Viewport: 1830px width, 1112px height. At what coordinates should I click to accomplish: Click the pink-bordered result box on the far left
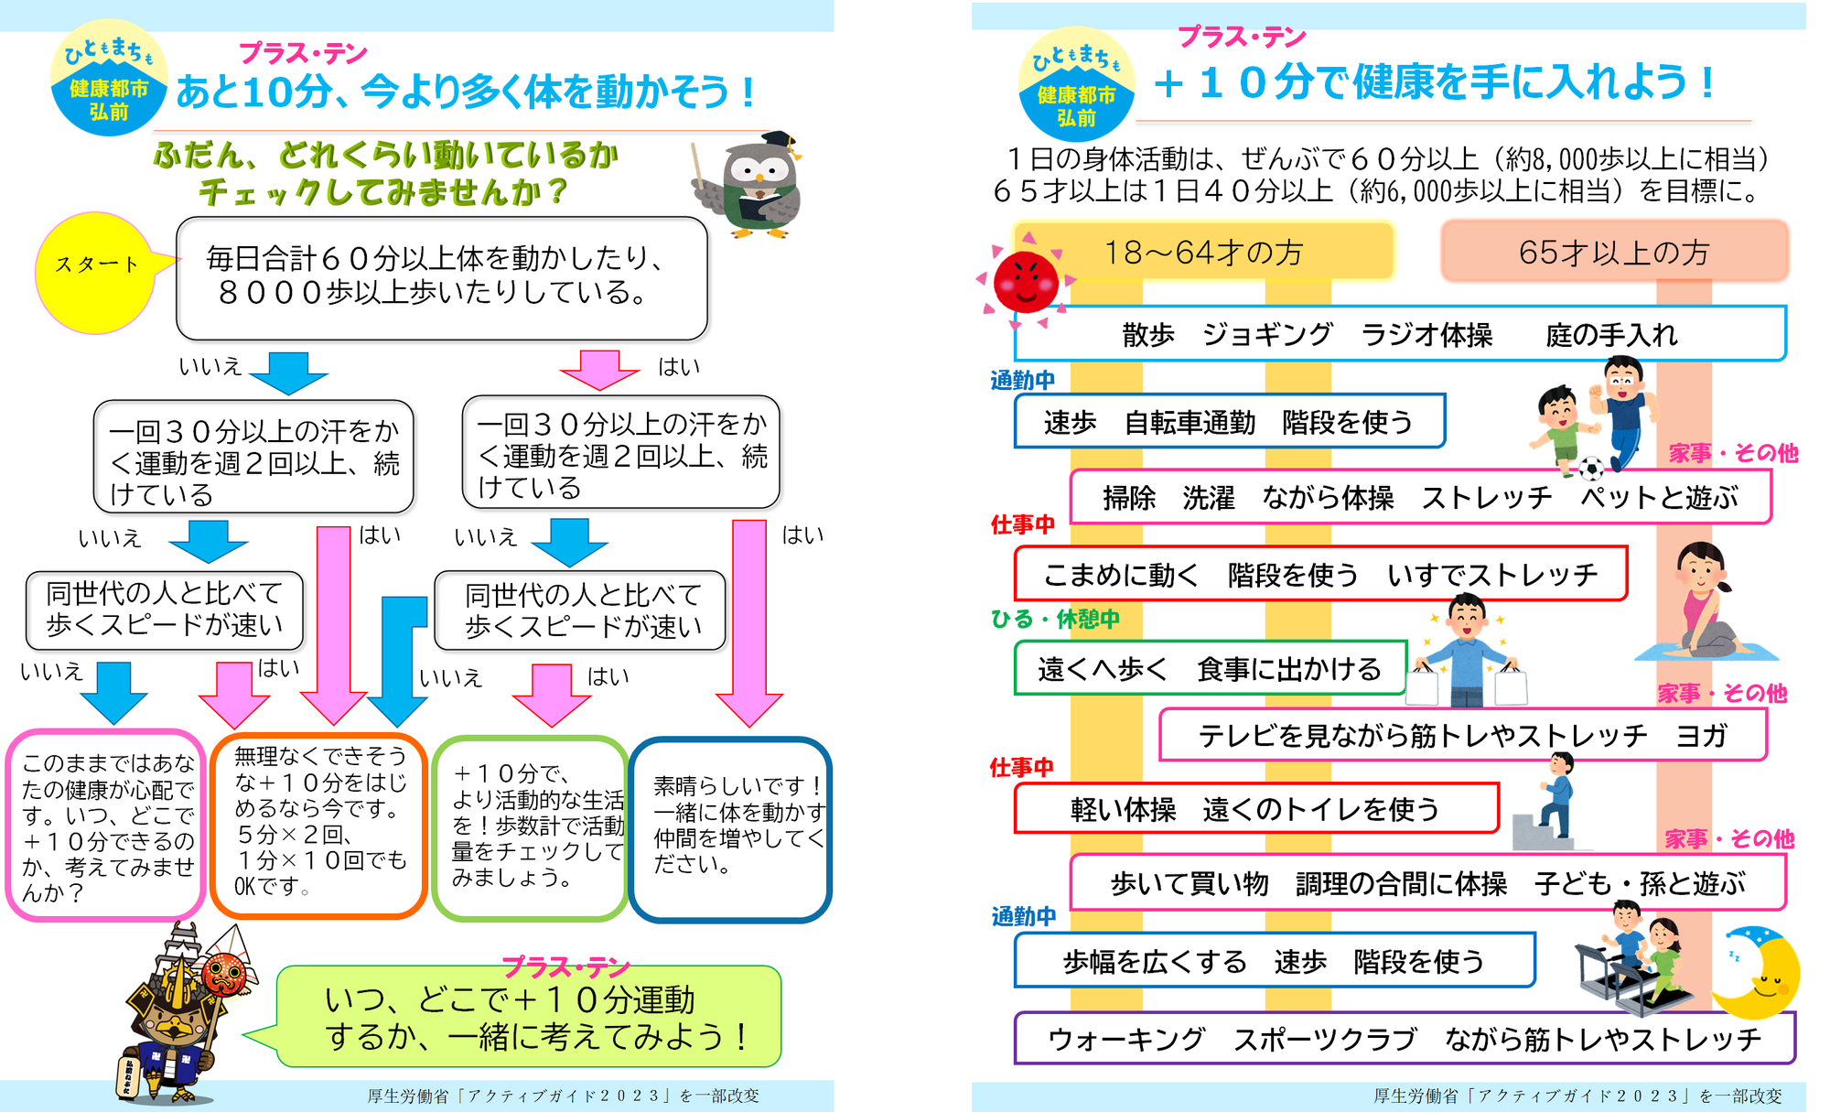(106, 825)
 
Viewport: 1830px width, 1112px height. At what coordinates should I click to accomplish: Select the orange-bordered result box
(318, 825)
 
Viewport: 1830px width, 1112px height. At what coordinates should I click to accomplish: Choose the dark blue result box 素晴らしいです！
(730, 828)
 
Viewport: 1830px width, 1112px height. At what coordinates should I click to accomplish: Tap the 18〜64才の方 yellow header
(1203, 252)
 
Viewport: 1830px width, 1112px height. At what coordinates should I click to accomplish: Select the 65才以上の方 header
(1614, 252)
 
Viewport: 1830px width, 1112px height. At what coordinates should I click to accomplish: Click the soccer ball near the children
(1591, 469)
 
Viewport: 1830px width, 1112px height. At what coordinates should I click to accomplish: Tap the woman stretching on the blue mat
(1704, 604)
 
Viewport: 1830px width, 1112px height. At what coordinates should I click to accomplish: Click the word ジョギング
(1267, 335)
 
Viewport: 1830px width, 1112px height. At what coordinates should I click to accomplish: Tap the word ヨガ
(1700, 735)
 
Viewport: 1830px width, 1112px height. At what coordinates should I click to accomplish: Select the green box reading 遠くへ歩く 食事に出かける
(1209, 669)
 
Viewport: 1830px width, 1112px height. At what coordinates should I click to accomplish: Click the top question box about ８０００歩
(442, 276)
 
